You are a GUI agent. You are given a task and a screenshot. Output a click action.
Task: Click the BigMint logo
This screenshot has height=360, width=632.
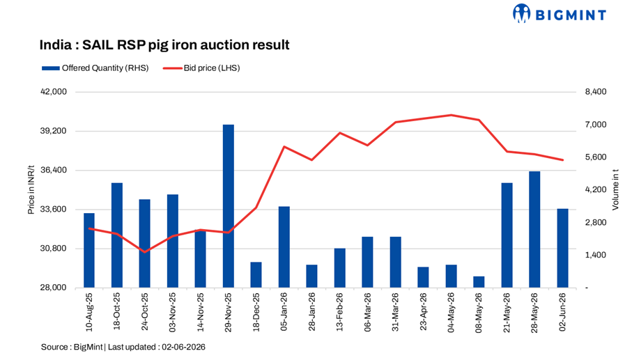(x=559, y=14)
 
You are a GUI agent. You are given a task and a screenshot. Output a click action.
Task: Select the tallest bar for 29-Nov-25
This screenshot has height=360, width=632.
(x=228, y=206)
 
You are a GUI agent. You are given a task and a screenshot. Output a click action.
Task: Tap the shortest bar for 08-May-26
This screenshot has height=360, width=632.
(x=479, y=282)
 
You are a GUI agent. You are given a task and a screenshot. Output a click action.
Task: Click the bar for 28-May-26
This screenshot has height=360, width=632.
(x=534, y=230)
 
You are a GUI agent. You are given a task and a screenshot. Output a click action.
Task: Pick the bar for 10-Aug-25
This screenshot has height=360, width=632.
(x=89, y=251)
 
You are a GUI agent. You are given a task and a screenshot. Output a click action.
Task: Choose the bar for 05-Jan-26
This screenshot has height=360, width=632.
(x=284, y=247)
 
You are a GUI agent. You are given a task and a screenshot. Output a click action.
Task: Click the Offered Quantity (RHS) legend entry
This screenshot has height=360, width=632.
(x=95, y=68)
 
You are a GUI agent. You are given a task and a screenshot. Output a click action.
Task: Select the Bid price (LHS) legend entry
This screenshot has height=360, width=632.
(x=201, y=68)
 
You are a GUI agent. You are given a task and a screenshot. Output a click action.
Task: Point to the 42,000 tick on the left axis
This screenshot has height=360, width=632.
(x=54, y=92)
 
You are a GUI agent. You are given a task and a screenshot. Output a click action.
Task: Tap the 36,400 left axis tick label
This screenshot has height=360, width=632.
(x=54, y=170)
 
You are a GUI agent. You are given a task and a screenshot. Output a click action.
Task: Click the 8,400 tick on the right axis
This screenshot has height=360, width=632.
(x=596, y=92)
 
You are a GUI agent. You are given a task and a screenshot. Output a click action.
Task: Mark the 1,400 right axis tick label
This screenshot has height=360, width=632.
(x=596, y=255)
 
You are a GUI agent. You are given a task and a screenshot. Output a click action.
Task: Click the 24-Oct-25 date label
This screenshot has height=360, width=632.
(x=145, y=312)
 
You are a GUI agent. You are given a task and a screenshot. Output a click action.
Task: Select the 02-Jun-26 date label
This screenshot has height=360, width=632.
(x=562, y=312)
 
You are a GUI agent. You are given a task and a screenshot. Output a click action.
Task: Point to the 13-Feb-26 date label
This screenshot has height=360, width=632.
(x=339, y=312)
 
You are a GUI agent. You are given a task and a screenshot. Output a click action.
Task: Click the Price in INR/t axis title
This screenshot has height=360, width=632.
(x=31, y=189)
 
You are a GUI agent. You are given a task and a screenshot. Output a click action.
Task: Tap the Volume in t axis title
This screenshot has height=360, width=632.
(x=615, y=189)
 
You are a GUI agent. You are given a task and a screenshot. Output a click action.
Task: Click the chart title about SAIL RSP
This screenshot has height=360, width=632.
(x=164, y=45)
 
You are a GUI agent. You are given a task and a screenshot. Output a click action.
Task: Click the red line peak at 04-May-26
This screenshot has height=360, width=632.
(x=451, y=115)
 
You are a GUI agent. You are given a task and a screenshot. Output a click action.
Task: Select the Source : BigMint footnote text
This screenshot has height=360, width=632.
(x=123, y=347)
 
